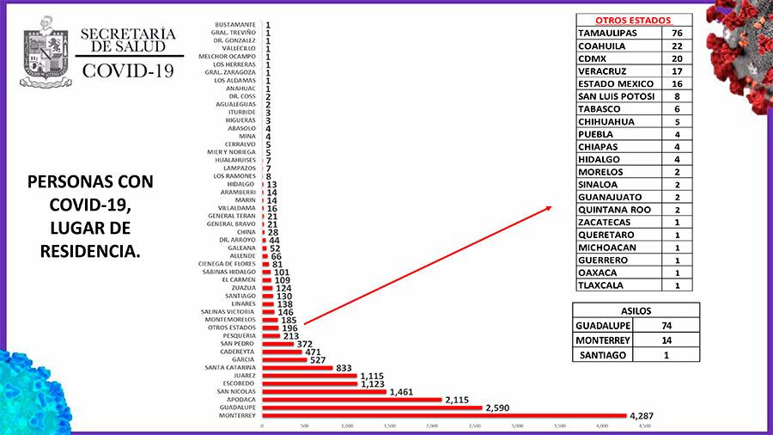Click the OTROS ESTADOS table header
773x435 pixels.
[633, 20]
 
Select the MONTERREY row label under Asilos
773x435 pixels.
[603, 340]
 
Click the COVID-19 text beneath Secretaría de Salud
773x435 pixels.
[128, 70]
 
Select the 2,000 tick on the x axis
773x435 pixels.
[432, 426]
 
